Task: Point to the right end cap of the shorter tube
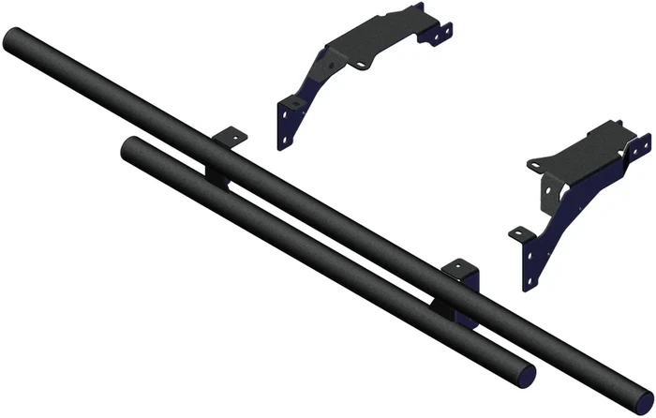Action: coord(527,372)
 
